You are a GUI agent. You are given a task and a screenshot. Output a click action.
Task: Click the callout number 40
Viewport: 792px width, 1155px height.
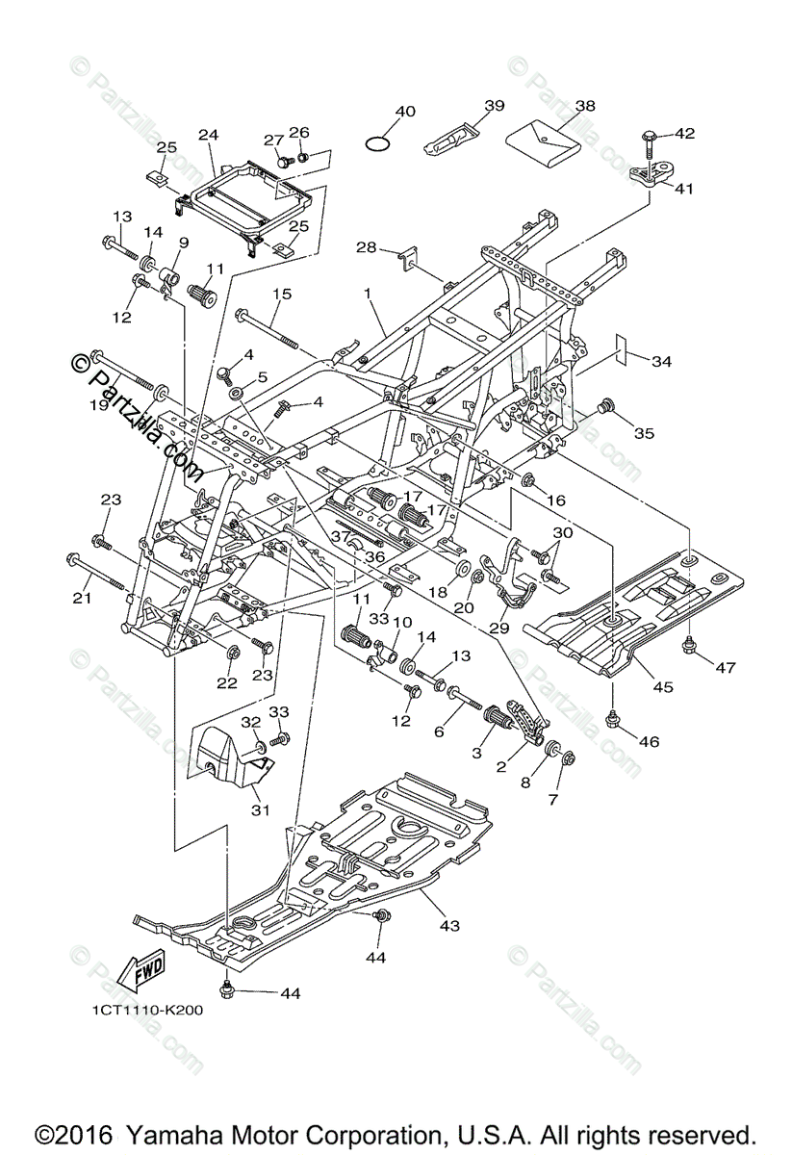click(x=405, y=112)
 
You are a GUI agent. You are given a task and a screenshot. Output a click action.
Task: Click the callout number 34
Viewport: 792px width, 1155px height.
click(x=661, y=362)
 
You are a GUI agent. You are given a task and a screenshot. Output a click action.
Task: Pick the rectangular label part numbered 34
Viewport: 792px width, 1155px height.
click(x=626, y=346)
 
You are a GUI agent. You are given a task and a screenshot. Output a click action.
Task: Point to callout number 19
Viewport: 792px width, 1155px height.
click(x=99, y=406)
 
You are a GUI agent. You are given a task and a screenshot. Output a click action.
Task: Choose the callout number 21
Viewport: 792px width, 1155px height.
click(x=81, y=599)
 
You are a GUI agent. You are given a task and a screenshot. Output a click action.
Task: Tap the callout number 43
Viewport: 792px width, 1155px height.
click(x=448, y=926)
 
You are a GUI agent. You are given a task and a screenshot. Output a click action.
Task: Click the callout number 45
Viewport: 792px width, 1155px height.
click(x=662, y=687)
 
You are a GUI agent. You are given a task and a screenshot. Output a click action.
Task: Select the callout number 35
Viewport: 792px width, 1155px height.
click(x=644, y=433)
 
